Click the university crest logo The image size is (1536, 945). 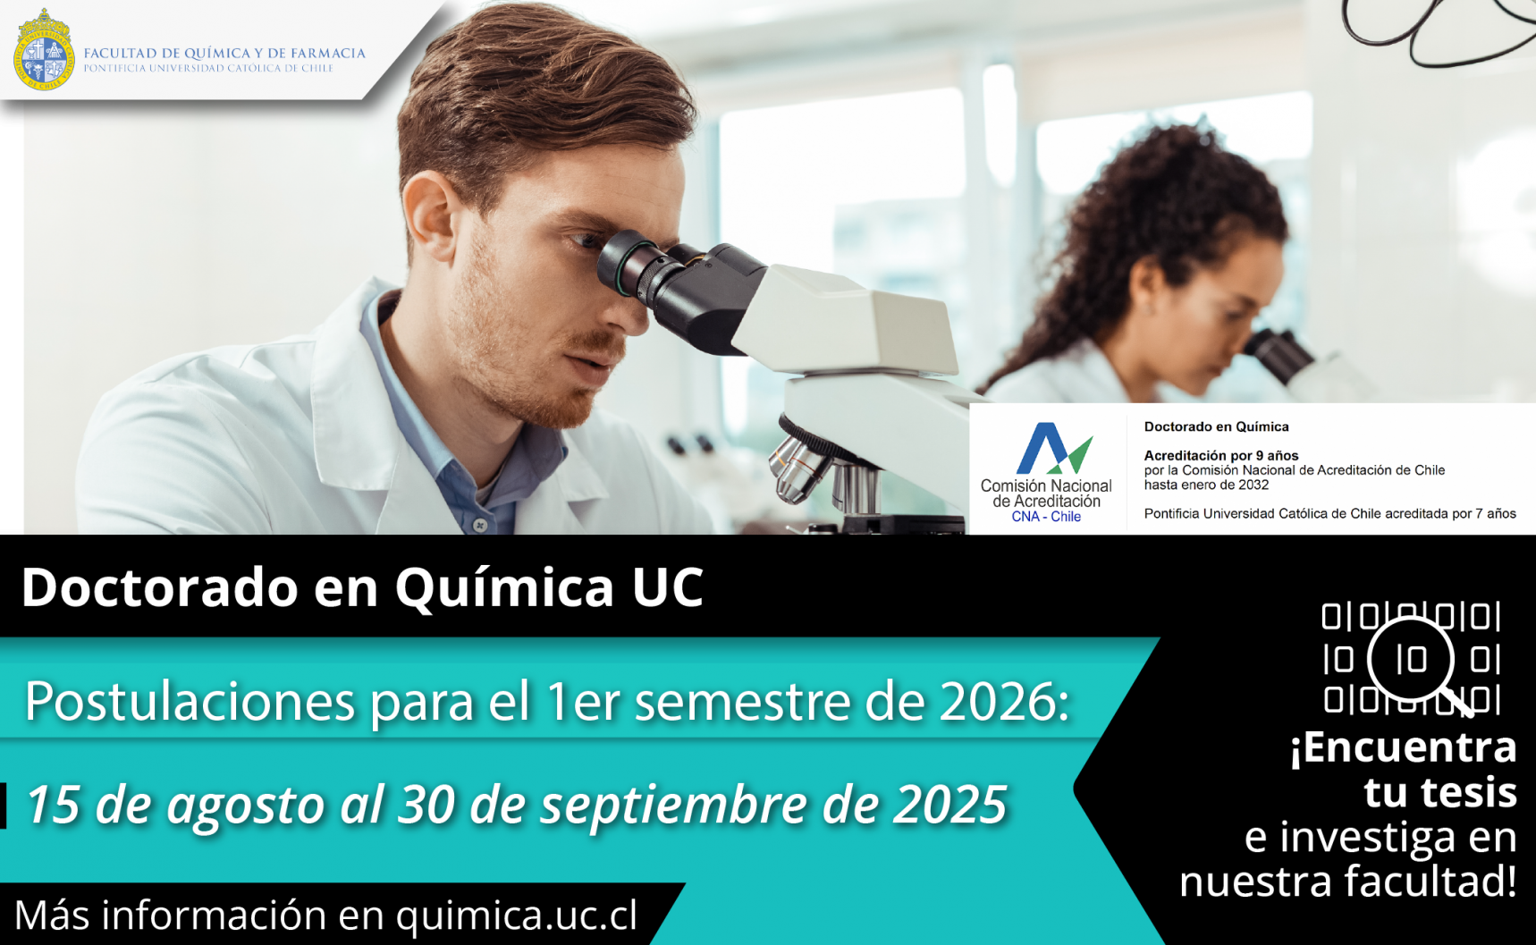click(43, 50)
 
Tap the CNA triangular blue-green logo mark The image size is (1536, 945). click(1054, 448)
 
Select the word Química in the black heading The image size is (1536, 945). click(505, 587)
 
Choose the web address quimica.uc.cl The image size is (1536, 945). click(517, 915)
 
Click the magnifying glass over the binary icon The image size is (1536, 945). click(1417, 663)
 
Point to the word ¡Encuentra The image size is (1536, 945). click(1403, 747)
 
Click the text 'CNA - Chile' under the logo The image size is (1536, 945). click(1046, 517)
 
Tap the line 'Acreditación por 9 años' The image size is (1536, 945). click(1221, 455)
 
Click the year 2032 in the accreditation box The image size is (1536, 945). click(1253, 485)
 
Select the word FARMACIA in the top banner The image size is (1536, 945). click(327, 54)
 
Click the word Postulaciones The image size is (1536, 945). click(190, 702)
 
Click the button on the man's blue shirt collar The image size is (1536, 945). click(481, 524)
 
